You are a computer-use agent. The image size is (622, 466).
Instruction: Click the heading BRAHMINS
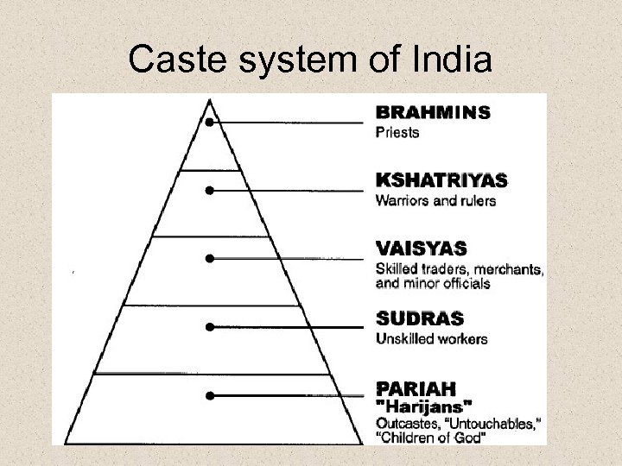(433, 112)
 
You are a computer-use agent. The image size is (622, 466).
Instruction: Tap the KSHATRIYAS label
(441, 181)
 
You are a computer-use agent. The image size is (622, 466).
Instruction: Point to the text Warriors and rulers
(435, 202)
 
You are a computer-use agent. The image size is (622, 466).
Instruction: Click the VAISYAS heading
(422, 249)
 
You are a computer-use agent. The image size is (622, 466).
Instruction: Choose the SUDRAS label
(420, 318)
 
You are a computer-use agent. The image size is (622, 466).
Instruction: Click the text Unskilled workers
(432, 338)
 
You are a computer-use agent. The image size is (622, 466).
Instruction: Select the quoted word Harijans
(423, 405)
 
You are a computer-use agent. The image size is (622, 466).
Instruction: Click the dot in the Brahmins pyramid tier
(210, 123)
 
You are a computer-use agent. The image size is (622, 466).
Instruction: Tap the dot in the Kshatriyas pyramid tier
(210, 190)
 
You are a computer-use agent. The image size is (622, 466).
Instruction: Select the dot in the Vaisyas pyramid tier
(210, 258)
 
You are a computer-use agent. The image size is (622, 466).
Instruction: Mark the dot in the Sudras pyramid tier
(210, 327)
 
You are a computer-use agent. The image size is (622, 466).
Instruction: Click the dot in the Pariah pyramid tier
(210, 395)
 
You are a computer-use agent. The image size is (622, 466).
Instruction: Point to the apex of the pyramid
(210, 98)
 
